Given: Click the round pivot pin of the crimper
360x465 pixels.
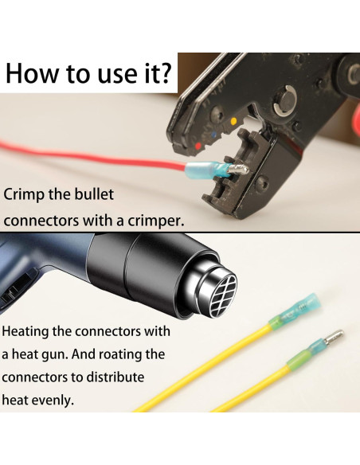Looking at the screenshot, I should pyautogui.click(x=284, y=102).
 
